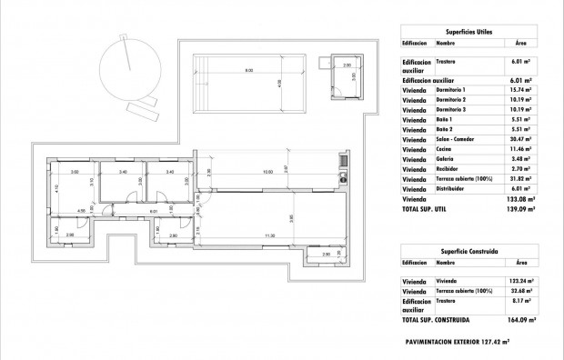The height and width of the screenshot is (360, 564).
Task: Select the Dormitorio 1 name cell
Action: [451, 90]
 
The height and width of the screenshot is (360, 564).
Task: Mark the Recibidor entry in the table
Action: [448, 168]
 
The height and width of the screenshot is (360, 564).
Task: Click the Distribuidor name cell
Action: [450, 190]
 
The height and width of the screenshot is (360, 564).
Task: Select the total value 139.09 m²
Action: [518, 209]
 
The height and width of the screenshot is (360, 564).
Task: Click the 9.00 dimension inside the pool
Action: [248, 71]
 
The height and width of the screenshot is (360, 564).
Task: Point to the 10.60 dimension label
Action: [267, 171]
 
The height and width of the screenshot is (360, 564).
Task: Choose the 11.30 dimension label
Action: [269, 235]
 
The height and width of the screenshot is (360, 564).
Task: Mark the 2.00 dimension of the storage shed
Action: [346, 65]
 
